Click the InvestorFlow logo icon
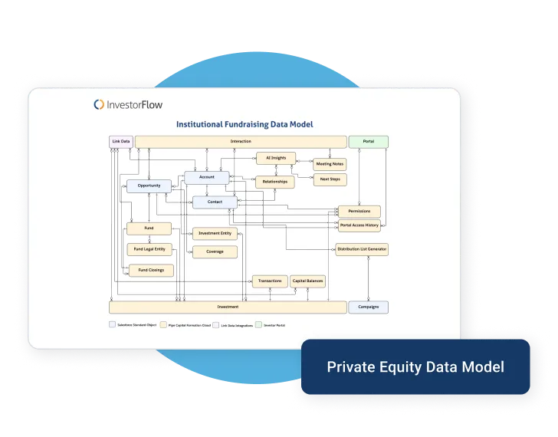(99, 104)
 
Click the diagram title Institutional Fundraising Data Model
(245, 124)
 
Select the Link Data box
(121, 142)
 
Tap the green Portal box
(369, 142)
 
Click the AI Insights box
(275, 158)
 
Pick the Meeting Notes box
(330, 164)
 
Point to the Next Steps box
(330, 179)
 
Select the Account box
(206, 177)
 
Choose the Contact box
(215, 202)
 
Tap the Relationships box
(274, 182)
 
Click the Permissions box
(359, 211)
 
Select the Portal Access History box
(359, 225)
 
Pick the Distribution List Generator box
(362, 249)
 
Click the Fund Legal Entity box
(149, 249)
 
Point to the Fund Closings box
(150, 270)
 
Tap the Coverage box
(215, 251)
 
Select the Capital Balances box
(307, 281)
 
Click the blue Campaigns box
(368, 307)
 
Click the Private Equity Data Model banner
(415, 367)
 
